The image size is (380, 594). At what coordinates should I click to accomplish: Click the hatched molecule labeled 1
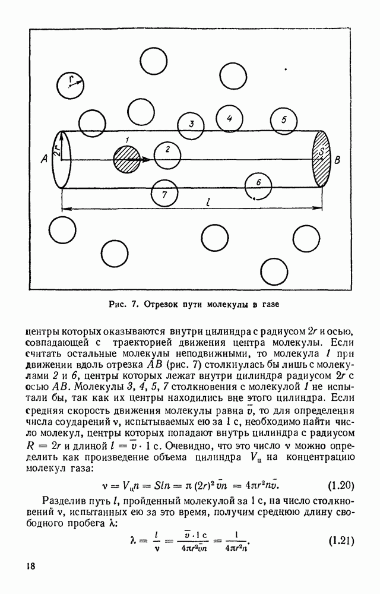[125, 159]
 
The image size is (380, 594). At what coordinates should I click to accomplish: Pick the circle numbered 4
[230, 118]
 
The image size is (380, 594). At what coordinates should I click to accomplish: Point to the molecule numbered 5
[284, 121]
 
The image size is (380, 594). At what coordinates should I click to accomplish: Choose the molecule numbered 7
[164, 194]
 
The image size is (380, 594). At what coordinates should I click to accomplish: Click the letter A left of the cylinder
[43, 159]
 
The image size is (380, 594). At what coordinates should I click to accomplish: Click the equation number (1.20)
[341, 486]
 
